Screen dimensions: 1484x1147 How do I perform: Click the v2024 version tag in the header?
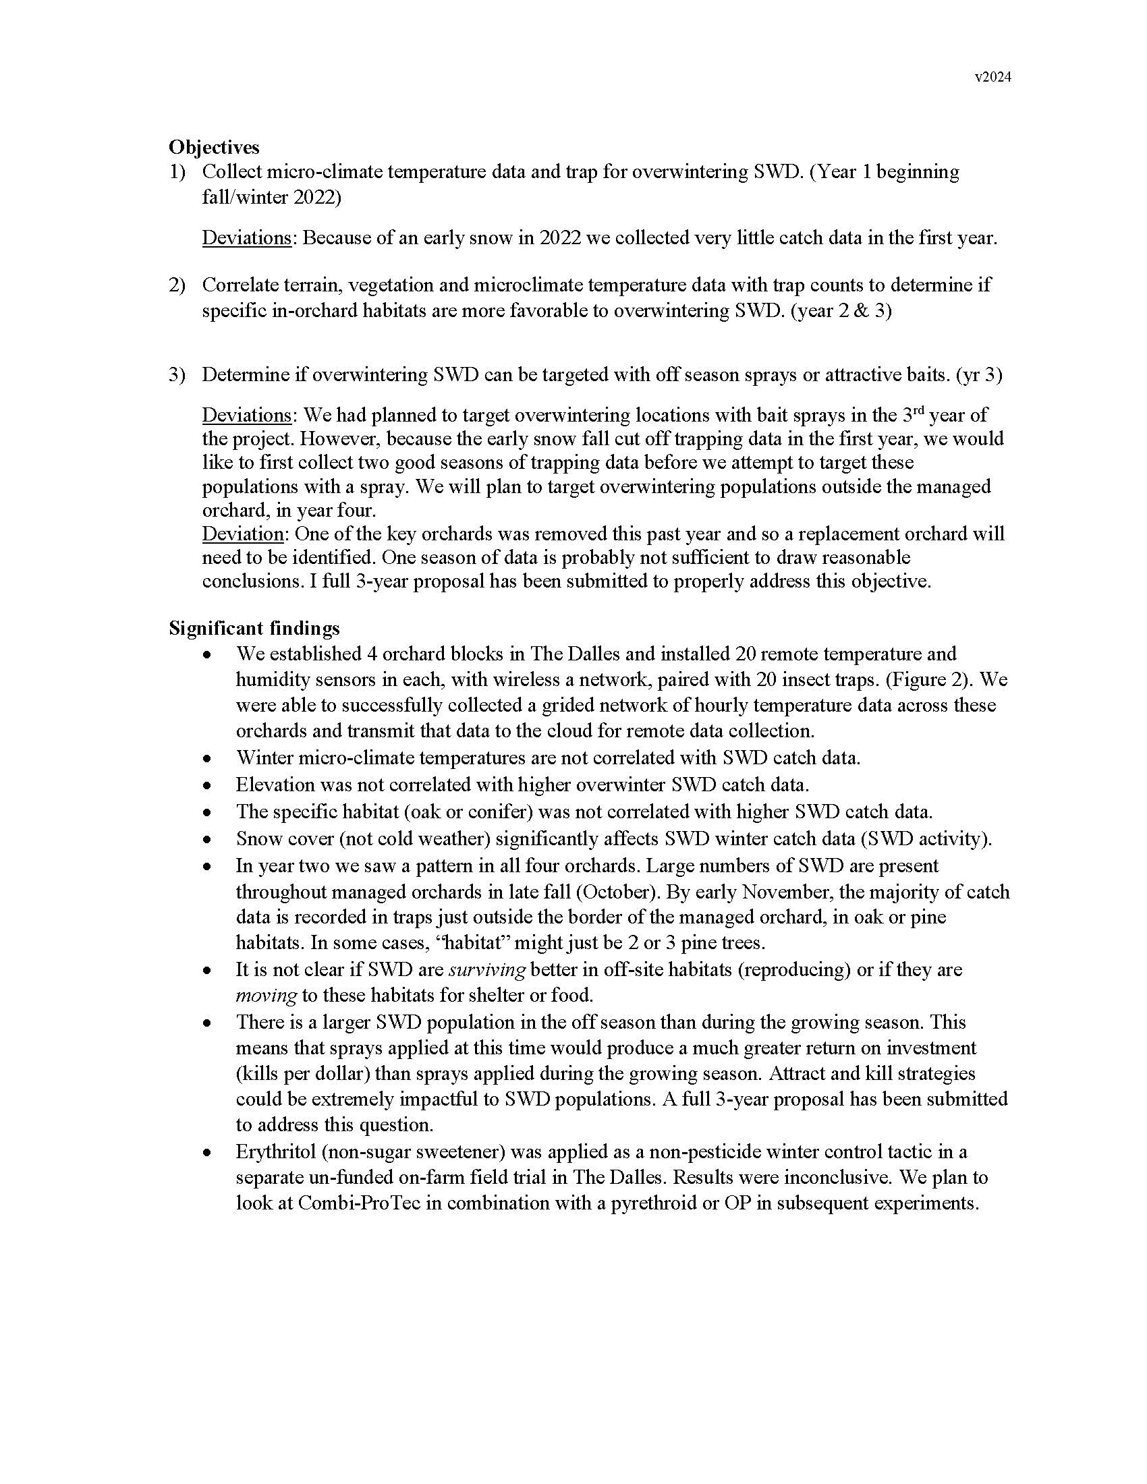pos(992,78)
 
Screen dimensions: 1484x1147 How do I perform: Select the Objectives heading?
pos(214,147)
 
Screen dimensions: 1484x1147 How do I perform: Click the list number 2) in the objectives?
pos(177,285)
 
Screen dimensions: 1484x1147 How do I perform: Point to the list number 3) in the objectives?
pos(177,374)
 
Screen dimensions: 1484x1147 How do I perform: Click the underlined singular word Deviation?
pos(243,534)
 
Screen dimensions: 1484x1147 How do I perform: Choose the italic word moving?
pos(266,996)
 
